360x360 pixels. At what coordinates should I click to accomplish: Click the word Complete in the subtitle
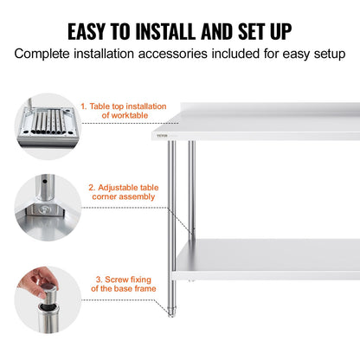(x=46, y=54)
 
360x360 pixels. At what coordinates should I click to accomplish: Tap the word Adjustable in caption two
(x=115, y=187)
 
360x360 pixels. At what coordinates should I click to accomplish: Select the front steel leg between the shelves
(x=173, y=199)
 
